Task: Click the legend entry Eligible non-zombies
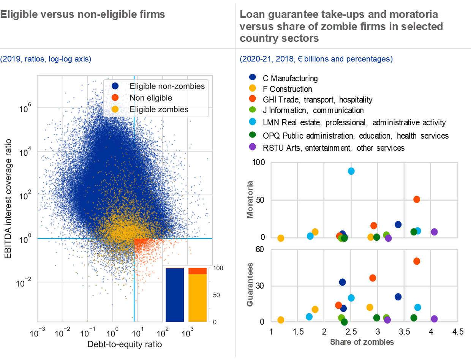[x=167, y=86]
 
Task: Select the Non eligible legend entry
[x=150, y=98]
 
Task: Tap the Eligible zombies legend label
[x=159, y=109]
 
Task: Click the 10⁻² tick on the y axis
[x=26, y=283]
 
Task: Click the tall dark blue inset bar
[x=175, y=295]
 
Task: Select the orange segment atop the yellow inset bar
[x=198, y=271]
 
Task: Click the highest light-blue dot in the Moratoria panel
[x=351, y=171]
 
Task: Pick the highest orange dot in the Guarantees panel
[x=417, y=261]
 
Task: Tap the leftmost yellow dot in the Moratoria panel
[x=281, y=238]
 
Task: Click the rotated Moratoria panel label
[x=250, y=199]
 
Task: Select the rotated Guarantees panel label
[x=250, y=284]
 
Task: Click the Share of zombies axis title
[x=362, y=342]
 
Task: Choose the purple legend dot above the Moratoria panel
[x=252, y=147]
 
